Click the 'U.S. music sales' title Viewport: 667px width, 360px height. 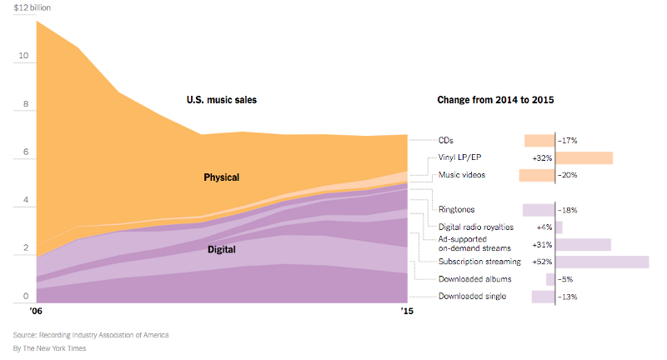click(221, 100)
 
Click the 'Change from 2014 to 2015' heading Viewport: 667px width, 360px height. click(496, 100)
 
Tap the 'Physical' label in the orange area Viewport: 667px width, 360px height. click(221, 177)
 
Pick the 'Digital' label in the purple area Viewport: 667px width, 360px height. click(221, 249)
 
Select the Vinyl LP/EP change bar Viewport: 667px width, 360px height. click(584, 157)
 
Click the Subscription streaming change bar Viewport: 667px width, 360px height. click(603, 262)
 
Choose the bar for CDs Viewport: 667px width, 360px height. click(539, 141)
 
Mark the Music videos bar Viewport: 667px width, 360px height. click(537, 175)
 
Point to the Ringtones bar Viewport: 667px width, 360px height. click(539, 210)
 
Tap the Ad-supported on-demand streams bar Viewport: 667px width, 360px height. click(584, 244)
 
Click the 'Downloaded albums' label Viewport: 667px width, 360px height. click(474, 279)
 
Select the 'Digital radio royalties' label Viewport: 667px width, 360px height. click(476, 227)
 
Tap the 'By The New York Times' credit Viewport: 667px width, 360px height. click(49, 347)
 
